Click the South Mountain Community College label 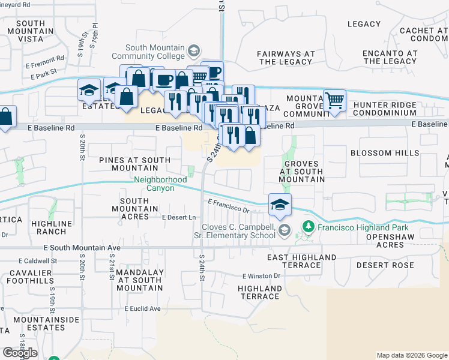[x=155, y=52]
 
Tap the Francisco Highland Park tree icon [x=309, y=227]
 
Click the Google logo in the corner [x=20, y=353]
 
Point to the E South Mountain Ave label [x=82, y=248]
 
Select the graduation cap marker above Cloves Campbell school [x=280, y=205]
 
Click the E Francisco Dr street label [x=228, y=206]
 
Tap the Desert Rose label [x=385, y=265]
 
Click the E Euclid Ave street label [x=143, y=309]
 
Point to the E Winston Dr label [x=261, y=276]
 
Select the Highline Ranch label [x=52, y=227]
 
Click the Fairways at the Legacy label [x=286, y=58]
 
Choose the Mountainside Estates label [x=46, y=324]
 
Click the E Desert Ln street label [x=179, y=217]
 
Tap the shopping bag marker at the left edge [x=5, y=118]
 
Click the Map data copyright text [x=411, y=355]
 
